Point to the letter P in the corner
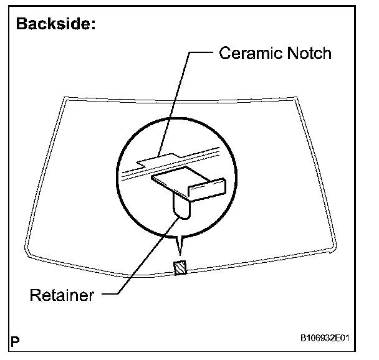[15, 341]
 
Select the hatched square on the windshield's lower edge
[180, 267]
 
